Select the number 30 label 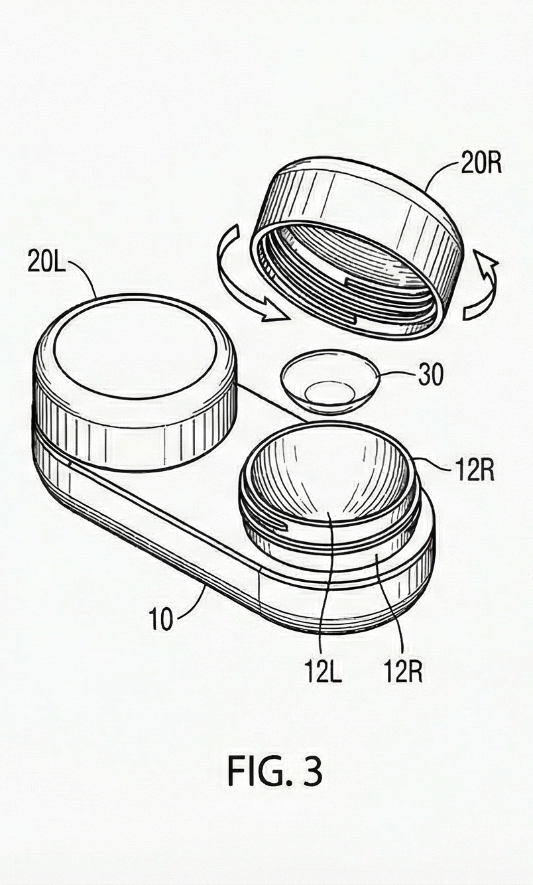click(431, 375)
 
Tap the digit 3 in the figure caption click(312, 770)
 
